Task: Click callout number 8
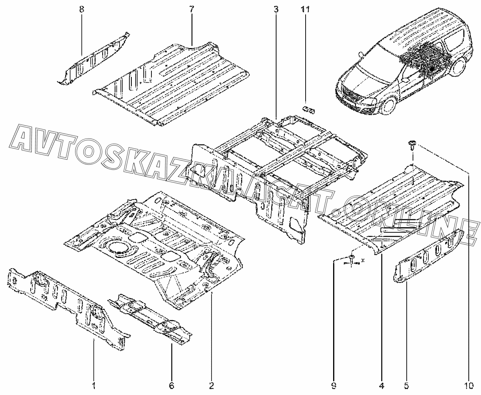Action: point(81,9)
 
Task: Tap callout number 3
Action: point(276,9)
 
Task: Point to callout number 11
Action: point(305,9)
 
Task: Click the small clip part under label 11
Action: point(308,108)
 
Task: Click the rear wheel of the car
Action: point(458,67)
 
